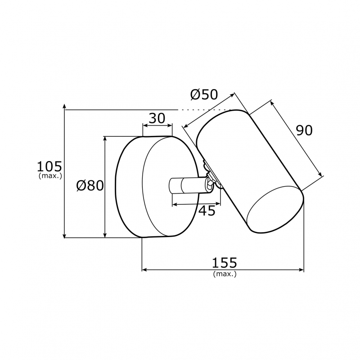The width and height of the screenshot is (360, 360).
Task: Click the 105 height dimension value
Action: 49,166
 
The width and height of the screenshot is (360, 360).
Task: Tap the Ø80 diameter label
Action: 90,185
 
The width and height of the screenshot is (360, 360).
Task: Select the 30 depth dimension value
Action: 157,118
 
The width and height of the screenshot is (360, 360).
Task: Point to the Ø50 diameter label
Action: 204,94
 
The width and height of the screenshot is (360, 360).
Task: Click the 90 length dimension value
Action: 304,130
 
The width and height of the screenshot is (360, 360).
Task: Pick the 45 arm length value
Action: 207,211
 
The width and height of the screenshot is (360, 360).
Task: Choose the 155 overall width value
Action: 224,263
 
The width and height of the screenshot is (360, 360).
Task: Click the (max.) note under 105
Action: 50,176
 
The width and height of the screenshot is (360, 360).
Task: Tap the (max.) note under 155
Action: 225,274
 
